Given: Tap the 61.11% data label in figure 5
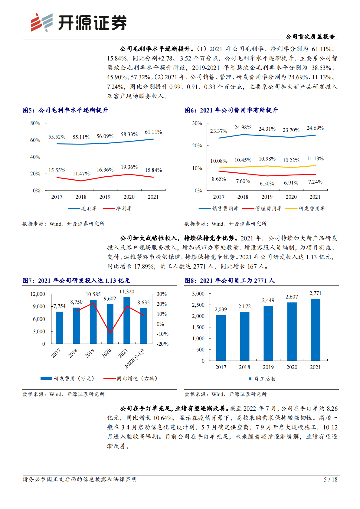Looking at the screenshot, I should coord(153,132).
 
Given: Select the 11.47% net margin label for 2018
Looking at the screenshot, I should coord(81,174).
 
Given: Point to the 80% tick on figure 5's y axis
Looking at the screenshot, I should coord(35,123).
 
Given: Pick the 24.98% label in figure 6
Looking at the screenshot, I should coord(243,128).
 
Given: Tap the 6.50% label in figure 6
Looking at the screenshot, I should coord(267,184).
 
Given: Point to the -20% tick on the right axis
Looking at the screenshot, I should coord(162,344).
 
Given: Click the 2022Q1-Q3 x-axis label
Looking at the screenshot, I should coord(135,359).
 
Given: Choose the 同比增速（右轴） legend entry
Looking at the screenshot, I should coord(131,379).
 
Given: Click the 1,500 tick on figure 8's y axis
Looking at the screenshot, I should coord(198,328).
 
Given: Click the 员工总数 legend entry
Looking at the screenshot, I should coord(262,379).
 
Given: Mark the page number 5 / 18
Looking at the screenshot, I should coord(330,480).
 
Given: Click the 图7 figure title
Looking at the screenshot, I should coord(76,281).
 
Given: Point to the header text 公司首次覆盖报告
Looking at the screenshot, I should coord(310,37).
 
